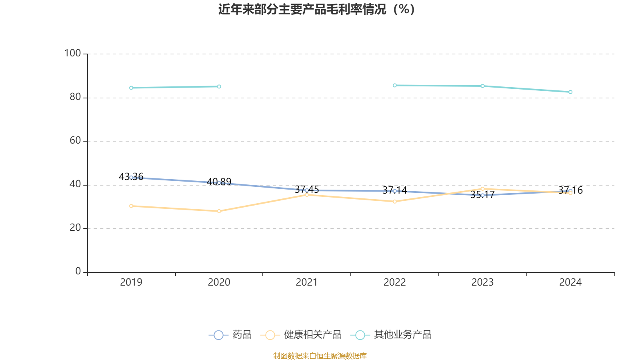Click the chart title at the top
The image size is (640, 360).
click(316, 9)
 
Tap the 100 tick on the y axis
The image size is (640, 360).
click(72, 53)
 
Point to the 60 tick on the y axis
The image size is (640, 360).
click(75, 141)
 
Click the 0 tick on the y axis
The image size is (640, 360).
click(78, 272)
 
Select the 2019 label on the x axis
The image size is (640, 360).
click(131, 282)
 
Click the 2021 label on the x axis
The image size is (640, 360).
click(307, 282)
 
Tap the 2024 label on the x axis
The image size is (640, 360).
click(570, 282)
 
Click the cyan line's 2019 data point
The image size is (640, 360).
click(131, 88)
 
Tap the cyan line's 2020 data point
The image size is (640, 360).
click(219, 86)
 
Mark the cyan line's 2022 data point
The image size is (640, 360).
click(395, 85)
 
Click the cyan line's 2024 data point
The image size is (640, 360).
click(570, 92)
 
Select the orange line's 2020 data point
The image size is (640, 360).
click(219, 211)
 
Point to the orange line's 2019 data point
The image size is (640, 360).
click(131, 206)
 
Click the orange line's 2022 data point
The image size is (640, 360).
click(395, 202)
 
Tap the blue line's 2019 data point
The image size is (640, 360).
click(131, 177)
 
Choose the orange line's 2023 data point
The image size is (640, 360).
click(482, 188)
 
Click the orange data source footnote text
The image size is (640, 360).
click(320, 356)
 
